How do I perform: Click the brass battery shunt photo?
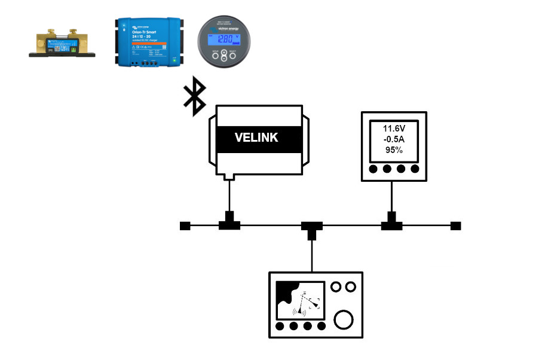[x=62, y=45]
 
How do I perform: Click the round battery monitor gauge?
[x=223, y=41]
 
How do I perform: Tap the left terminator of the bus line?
[x=185, y=226]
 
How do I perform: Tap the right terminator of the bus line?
[x=456, y=226]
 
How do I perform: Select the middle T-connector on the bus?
[x=311, y=228]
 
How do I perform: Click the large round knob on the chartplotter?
[x=344, y=320]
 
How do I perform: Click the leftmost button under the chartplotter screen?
[x=280, y=327]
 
